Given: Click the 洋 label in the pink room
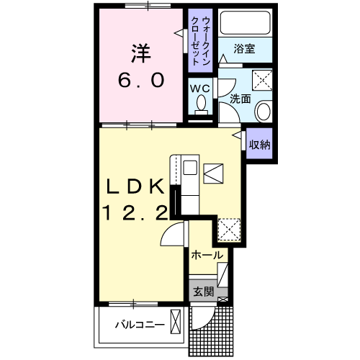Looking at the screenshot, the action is (x=141, y=53).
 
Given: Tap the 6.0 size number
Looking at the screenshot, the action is (x=141, y=80).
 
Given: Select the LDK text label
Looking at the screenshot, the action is (x=136, y=186).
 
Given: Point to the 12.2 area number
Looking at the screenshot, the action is (x=135, y=213).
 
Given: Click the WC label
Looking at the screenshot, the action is (x=200, y=89).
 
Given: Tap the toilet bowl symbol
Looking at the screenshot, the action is (x=201, y=105).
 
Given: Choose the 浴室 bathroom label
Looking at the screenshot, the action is (x=244, y=49).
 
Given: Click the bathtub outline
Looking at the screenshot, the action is (x=245, y=22).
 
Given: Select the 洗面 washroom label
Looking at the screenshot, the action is (x=240, y=99).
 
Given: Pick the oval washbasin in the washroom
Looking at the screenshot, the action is (x=264, y=112).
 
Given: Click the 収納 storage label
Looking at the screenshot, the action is (x=259, y=145).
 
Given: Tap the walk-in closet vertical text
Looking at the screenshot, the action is (x=200, y=41).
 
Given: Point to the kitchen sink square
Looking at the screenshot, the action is (x=190, y=167).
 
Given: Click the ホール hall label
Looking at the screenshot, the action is (x=207, y=255).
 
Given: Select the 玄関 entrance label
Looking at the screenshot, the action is (x=203, y=292).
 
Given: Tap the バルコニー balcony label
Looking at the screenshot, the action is (x=140, y=325).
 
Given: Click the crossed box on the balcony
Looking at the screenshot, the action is (x=176, y=322).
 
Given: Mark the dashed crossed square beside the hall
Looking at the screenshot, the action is (x=229, y=230).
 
